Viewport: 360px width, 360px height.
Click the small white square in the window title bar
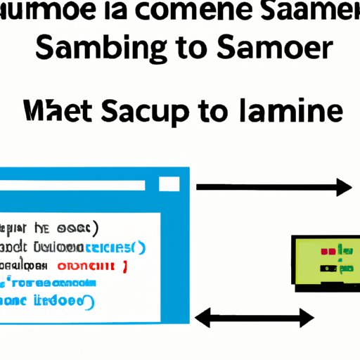169,184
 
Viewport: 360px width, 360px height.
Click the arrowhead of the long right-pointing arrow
344,187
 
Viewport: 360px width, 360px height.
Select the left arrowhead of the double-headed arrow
202,318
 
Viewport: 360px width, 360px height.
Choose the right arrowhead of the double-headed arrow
307,318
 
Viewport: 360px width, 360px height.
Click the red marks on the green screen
328,250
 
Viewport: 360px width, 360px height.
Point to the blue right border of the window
187,246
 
